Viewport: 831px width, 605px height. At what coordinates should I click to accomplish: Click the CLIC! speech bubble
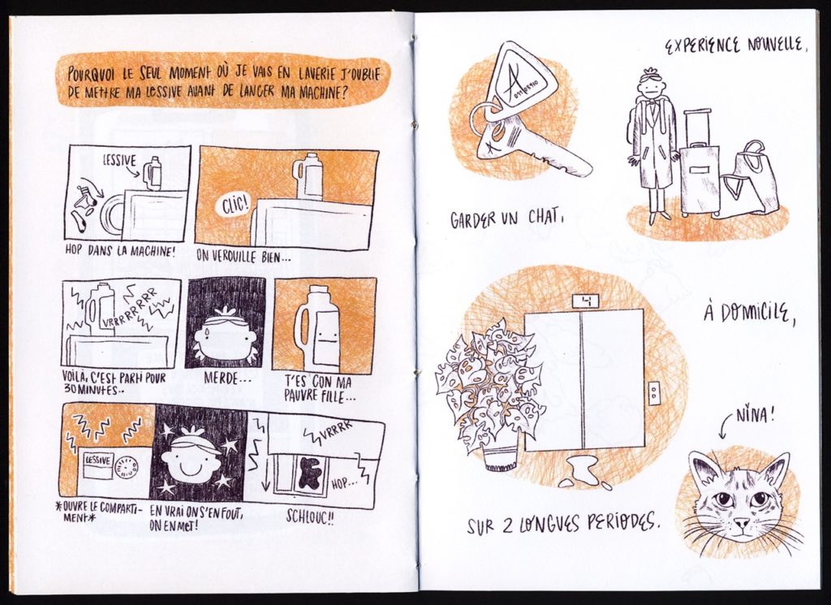click(x=235, y=205)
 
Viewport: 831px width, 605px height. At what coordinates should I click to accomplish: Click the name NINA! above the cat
click(x=756, y=415)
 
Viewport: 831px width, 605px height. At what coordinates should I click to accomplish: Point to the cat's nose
click(x=742, y=523)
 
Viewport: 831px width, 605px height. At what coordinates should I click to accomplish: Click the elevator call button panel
click(x=655, y=392)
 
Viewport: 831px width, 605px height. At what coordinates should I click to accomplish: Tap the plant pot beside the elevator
click(x=500, y=459)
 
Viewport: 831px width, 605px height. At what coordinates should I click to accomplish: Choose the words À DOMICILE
click(x=750, y=314)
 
